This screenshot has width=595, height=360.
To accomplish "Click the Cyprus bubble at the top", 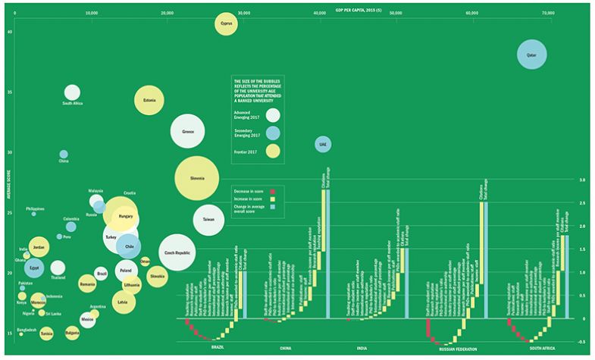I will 225,24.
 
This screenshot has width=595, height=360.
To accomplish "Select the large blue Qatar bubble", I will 531,55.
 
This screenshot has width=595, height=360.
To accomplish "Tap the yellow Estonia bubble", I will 149,100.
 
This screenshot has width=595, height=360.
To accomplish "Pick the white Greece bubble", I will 188,131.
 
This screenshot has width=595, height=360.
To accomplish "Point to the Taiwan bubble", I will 208,220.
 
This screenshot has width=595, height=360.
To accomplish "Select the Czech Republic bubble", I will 179,254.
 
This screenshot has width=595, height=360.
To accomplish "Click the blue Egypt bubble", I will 35,268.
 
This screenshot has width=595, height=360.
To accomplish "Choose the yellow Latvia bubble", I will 122,302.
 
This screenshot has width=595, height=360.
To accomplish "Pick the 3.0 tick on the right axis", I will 581,180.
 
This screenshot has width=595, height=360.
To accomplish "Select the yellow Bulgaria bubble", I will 73,331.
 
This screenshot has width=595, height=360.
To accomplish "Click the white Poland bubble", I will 126,271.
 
